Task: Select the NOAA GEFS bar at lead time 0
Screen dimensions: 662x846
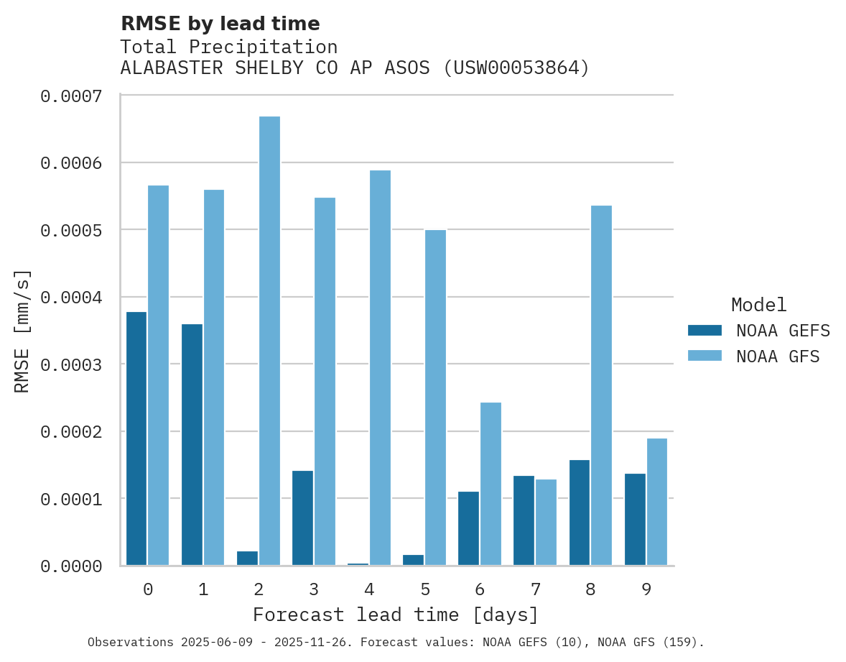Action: pyautogui.click(x=136, y=438)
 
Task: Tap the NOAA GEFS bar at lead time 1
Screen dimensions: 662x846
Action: pyautogui.click(x=192, y=445)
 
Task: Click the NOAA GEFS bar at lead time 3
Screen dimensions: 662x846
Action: pyautogui.click(x=302, y=518)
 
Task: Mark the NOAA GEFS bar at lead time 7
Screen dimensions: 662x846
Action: pyautogui.click(x=524, y=520)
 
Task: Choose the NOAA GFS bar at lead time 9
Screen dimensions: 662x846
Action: pyautogui.click(x=656, y=502)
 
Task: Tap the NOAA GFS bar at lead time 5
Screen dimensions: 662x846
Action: pyautogui.click(x=435, y=397)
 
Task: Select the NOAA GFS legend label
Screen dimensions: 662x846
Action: pyautogui.click(x=778, y=357)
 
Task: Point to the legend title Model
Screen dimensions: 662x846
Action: pyautogui.click(x=758, y=305)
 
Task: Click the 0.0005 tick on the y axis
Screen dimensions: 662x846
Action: pyautogui.click(x=70, y=230)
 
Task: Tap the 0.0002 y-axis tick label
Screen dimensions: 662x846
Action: pyautogui.click(x=70, y=432)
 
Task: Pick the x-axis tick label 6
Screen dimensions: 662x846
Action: pyautogui.click(x=480, y=590)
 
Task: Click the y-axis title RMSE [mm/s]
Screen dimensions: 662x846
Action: pyautogui.click(x=22, y=331)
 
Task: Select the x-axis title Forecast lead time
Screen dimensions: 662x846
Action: pyautogui.click(x=396, y=615)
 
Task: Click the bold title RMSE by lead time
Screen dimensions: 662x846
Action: pyautogui.click(x=220, y=24)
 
